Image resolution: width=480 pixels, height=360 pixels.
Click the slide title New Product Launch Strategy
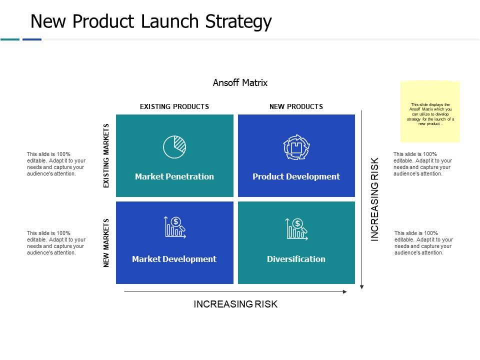click(x=151, y=21)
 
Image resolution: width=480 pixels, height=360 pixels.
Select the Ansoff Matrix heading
click(x=240, y=83)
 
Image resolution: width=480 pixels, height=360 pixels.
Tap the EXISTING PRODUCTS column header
click(x=174, y=106)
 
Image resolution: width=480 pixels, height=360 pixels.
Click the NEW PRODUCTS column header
click(x=296, y=106)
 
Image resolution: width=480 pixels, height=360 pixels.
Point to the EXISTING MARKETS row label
click(x=106, y=155)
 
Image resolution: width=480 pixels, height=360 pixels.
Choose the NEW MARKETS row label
click(x=106, y=243)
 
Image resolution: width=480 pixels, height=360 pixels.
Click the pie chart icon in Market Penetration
click(x=174, y=146)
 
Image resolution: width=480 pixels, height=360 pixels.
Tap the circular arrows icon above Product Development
click(x=296, y=147)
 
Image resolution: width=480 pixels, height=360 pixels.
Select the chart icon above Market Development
click(x=174, y=227)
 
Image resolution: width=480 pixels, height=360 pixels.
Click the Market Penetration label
click(x=174, y=176)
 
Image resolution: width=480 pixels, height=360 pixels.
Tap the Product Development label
click(x=296, y=176)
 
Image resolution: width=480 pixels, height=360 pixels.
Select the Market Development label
click(x=174, y=259)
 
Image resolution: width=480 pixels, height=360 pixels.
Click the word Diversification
click(x=296, y=259)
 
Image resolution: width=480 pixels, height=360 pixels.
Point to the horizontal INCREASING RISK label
click(x=235, y=304)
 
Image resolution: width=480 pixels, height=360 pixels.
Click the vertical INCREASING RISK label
click(x=375, y=199)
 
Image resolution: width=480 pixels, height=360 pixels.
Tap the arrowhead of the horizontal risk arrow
click(x=344, y=291)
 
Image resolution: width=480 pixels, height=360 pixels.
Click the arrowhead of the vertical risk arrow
click(x=362, y=287)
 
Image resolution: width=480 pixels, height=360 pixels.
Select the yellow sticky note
click(x=430, y=111)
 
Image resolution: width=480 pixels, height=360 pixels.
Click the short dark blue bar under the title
click(x=32, y=39)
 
